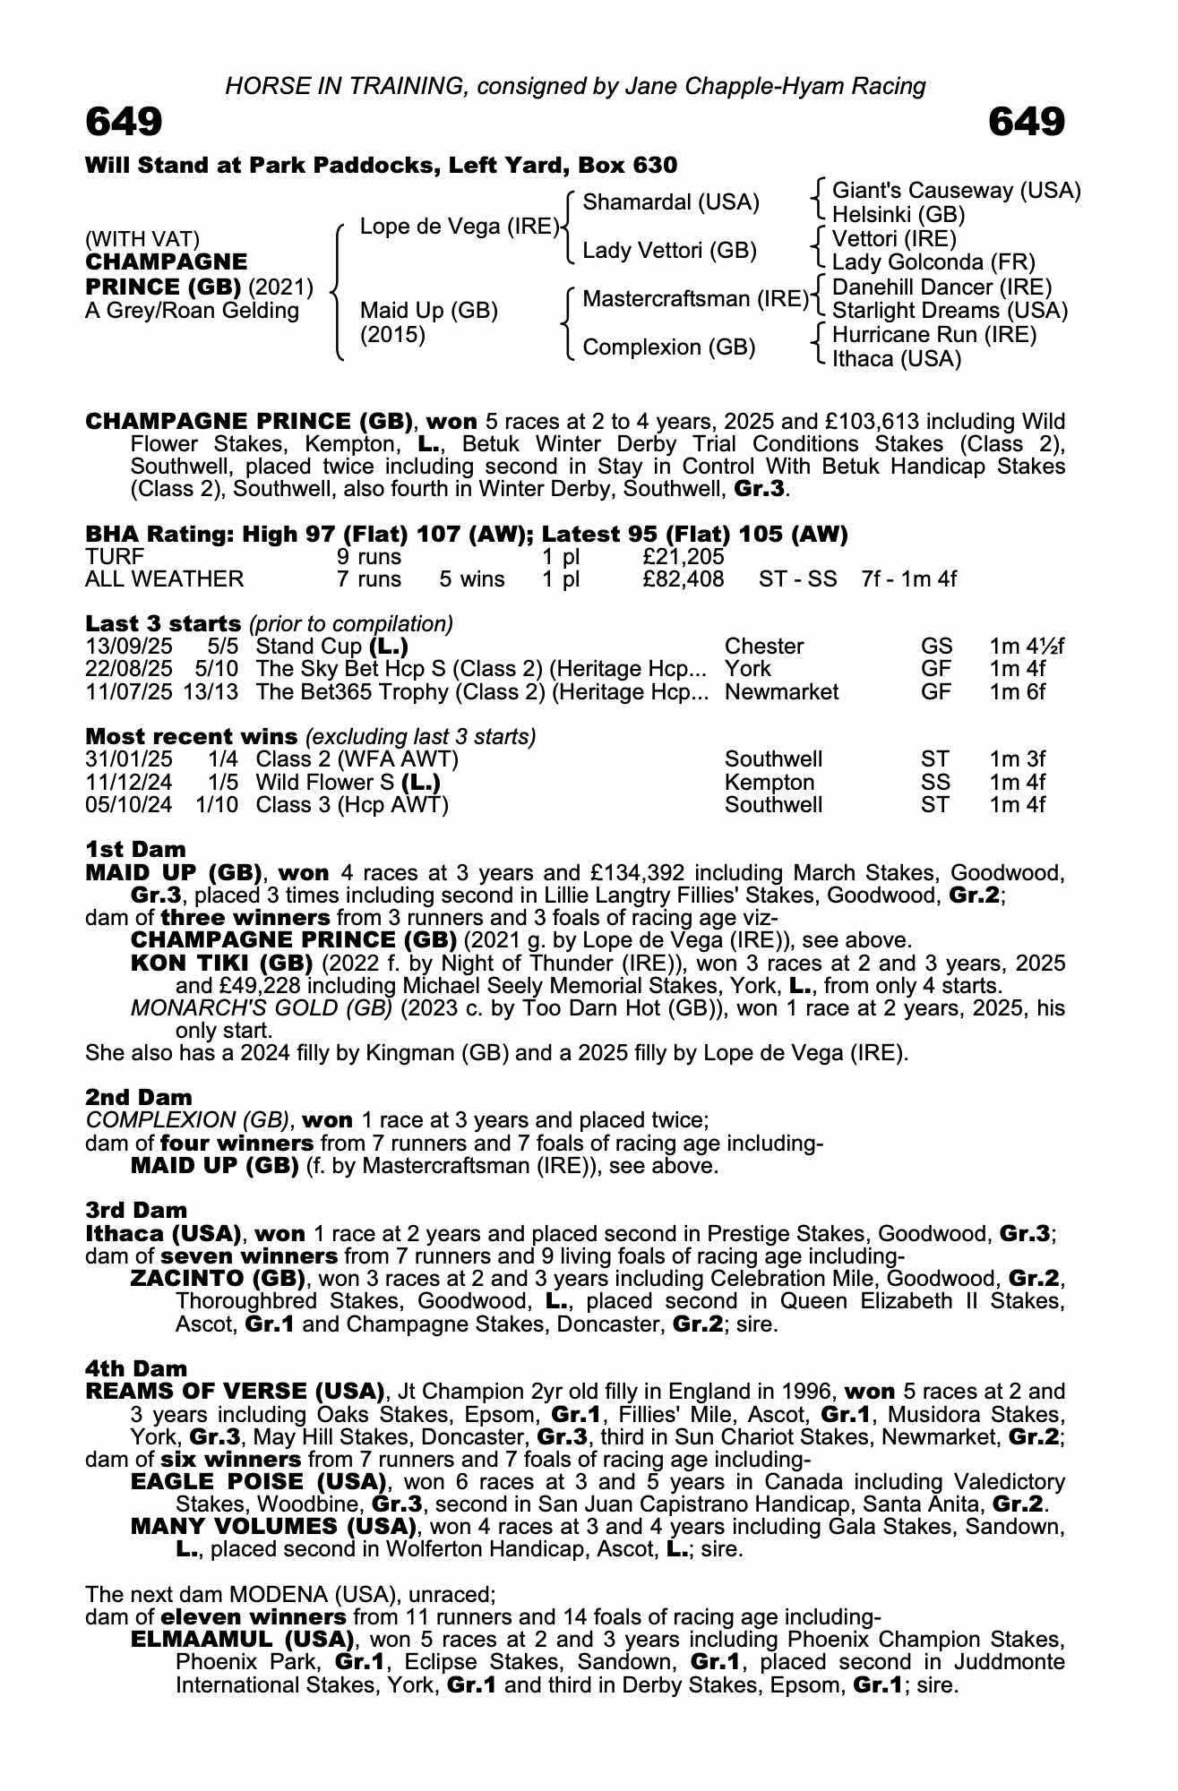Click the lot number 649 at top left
(x=124, y=122)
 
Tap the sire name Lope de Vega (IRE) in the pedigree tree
(x=460, y=227)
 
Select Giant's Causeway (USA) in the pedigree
(x=956, y=191)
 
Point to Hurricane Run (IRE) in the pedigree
(x=934, y=335)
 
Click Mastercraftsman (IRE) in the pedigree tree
(x=695, y=298)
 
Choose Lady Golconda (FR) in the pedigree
(x=933, y=262)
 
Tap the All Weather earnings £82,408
(x=683, y=578)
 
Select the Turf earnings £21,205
(x=683, y=557)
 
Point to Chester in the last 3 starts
(x=764, y=647)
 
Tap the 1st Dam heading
(x=135, y=849)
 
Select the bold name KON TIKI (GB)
(x=221, y=963)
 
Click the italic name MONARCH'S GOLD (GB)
(x=262, y=1008)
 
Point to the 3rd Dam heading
(x=136, y=1211)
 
